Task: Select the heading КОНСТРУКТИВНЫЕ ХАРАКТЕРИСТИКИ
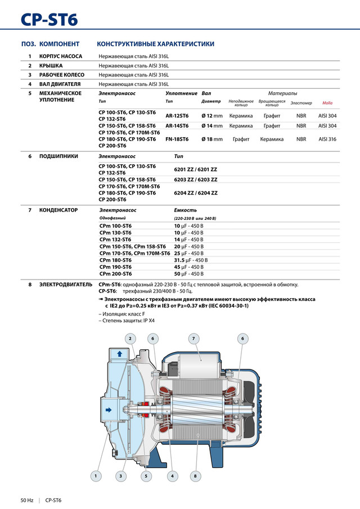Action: [x=155, y=44]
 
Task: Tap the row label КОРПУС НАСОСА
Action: [x=61, y=56]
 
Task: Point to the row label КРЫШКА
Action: [x=51, y=65]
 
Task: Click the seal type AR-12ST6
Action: [x=177, y=115]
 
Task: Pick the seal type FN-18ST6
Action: [x=177, y=139]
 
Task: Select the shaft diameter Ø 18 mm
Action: [x=212, y=139]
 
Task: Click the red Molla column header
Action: [x=327, y=103]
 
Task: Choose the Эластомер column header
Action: [x=301, y=103]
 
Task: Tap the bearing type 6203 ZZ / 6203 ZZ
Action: [x=196, y=179]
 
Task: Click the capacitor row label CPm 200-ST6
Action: [x=115, y=274]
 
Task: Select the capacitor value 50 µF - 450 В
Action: [x=188, y=274]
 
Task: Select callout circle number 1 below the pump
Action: [x=96, y=476]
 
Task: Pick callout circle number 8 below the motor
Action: [x=195, y=476]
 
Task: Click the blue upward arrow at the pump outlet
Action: [x=119, y=353]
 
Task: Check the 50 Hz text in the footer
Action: [x=27, y=500]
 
